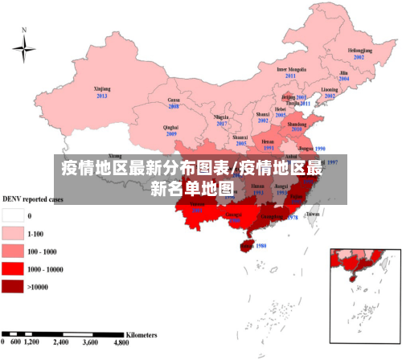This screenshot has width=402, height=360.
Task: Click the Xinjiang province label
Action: [102, 88]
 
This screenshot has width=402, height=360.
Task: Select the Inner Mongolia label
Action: [291, 69]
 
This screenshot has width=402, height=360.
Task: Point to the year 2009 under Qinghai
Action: [171, 133]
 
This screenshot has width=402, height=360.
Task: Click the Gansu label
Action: [173, 100]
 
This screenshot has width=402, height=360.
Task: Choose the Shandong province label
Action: [297, 125]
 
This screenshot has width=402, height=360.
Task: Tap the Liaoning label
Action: [330, 89]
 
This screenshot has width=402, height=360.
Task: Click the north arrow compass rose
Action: [24, 50]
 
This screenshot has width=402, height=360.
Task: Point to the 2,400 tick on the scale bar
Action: [61, 342]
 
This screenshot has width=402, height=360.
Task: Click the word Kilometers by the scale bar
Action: [141, 333]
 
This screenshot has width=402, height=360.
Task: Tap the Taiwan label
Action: [313, 215]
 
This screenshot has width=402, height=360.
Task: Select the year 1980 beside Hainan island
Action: [260, 246]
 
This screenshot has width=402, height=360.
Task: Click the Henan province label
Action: [268, 141]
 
